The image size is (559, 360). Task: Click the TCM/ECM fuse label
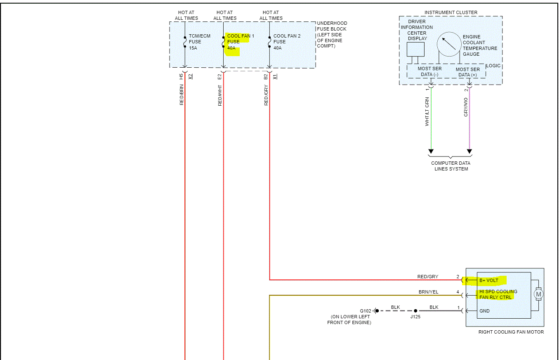pyautogui.click(x=199, y=42)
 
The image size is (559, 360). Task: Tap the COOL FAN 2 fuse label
pyautogui.click(x=287, y=42)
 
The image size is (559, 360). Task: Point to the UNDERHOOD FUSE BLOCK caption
pyautogui.click(x=332, y=35)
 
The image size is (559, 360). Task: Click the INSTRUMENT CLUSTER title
pyautogui.click(x=451, y=12)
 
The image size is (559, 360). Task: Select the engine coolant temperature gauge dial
pyautogui.click(x=449, y=44)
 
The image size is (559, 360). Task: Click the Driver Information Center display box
pyautogui.click(x=415, y=49)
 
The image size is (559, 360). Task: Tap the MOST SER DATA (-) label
pyautogui.click(x=429, y=71)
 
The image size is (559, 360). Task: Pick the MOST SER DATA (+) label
pyautogui.click(x=467, y=72)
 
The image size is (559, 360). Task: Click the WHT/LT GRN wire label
pyautogui.click(x=427, y=111)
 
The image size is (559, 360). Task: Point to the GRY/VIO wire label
pyautogui.click(x=466, y=107)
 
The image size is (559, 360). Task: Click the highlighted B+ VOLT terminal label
pyautogui.click(x=489, y=281)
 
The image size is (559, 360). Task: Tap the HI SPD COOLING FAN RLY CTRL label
pyautogui.click(x=498, y=294)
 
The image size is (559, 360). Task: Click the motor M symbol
pyautogui.click(x=538, y=294)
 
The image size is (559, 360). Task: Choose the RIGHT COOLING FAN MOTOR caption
pyautogui.click(x=511, y=332)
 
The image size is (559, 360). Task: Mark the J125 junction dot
pyautogui.click(x=415, y=311)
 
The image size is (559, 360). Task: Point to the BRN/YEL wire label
pyautogui.click(x=428, y=292)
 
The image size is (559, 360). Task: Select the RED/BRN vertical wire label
pyautogui.click(x=182, y=95)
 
